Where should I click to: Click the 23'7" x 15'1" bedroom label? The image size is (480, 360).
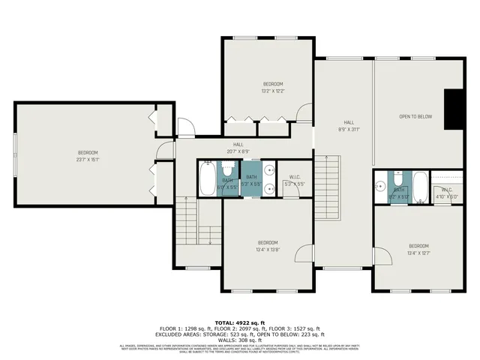tap(88, 155)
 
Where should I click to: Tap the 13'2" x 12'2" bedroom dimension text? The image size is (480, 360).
tap(272, 91)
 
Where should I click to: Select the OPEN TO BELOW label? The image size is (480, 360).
tap(415, 117)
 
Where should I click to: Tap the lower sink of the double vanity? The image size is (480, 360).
tap(268, 190)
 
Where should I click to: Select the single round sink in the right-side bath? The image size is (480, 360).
tap(381, 184)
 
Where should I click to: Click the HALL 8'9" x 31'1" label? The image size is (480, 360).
tap(349, 125)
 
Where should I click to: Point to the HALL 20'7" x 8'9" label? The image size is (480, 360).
tap(238, 148)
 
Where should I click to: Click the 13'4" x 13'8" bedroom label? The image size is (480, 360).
tap(268, 245)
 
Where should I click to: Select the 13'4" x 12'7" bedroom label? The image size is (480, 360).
tap(418, 250)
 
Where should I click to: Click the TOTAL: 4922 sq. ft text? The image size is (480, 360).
tap(239, 321)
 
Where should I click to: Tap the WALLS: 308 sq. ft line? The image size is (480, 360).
tap(239, 339)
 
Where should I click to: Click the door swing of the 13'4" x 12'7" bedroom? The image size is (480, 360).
tap(384, 259)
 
